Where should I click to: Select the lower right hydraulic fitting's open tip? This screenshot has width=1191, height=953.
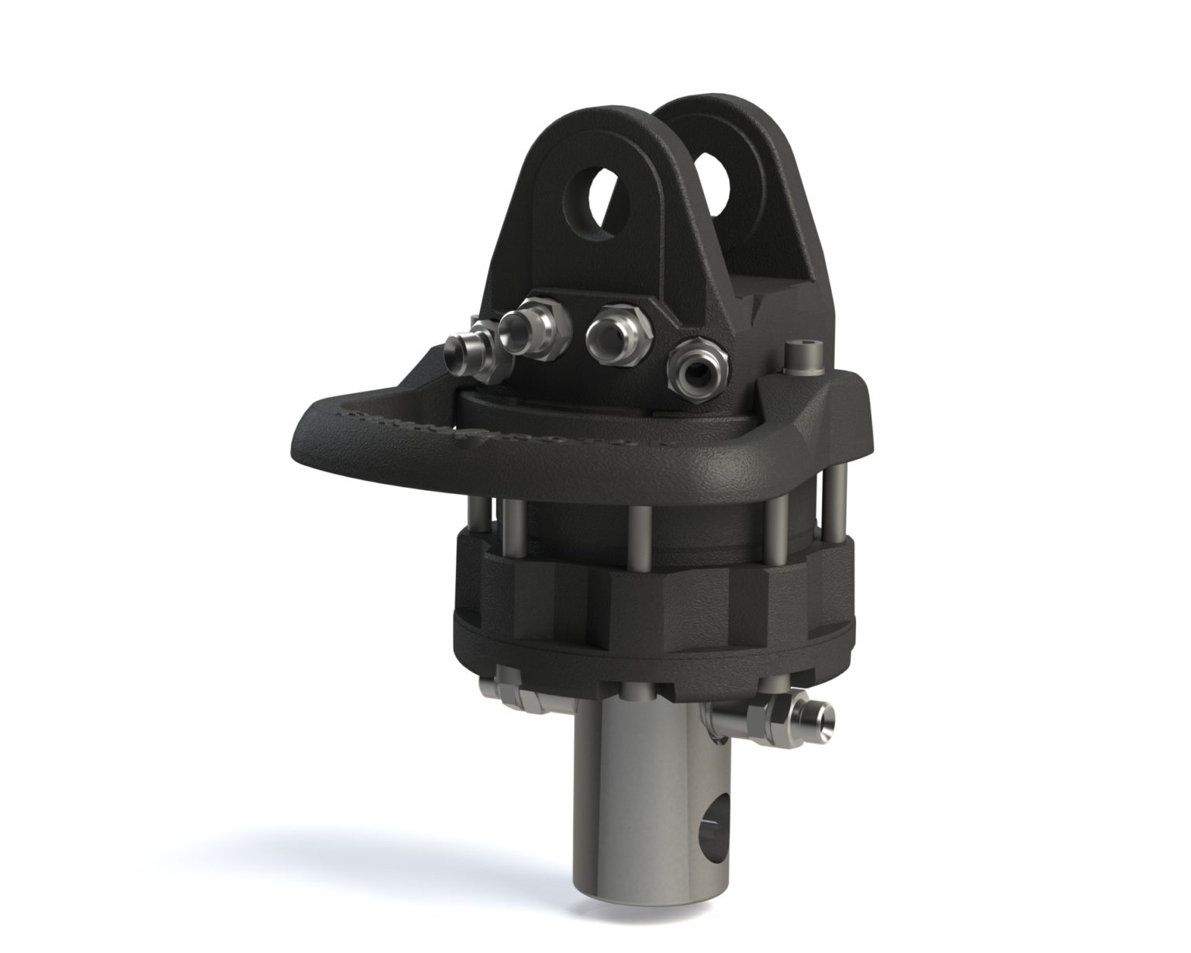[826, 714]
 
